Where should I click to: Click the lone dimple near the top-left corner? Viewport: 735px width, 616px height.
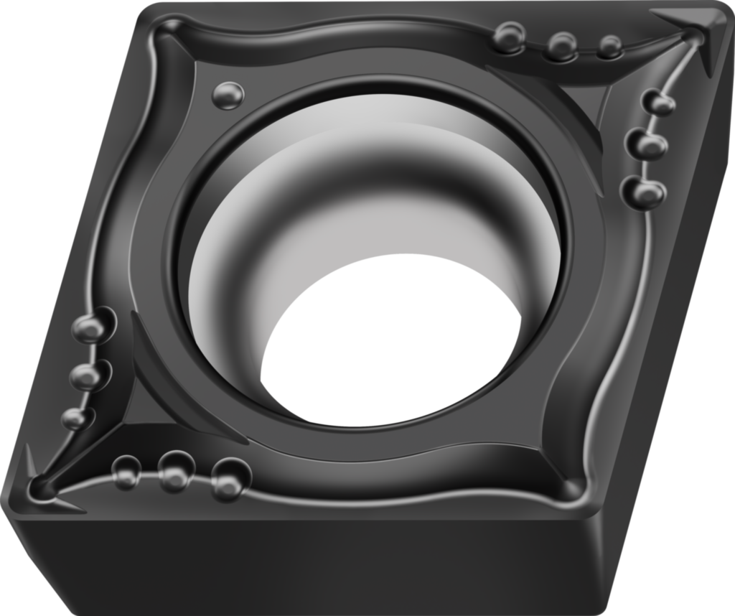tap(228, 95)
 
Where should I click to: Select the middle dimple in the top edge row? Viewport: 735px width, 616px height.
tap(561, 45)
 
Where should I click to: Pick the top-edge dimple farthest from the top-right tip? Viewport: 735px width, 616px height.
tap(510, 37)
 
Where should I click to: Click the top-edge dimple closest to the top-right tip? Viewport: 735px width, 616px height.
tap(609, 47)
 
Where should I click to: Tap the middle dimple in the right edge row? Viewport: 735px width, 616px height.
tap(647, 145)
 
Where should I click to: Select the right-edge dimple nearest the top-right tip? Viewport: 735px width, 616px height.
tap(659, 103)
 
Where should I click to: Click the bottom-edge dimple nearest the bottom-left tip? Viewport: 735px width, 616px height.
tap(126, 471)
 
